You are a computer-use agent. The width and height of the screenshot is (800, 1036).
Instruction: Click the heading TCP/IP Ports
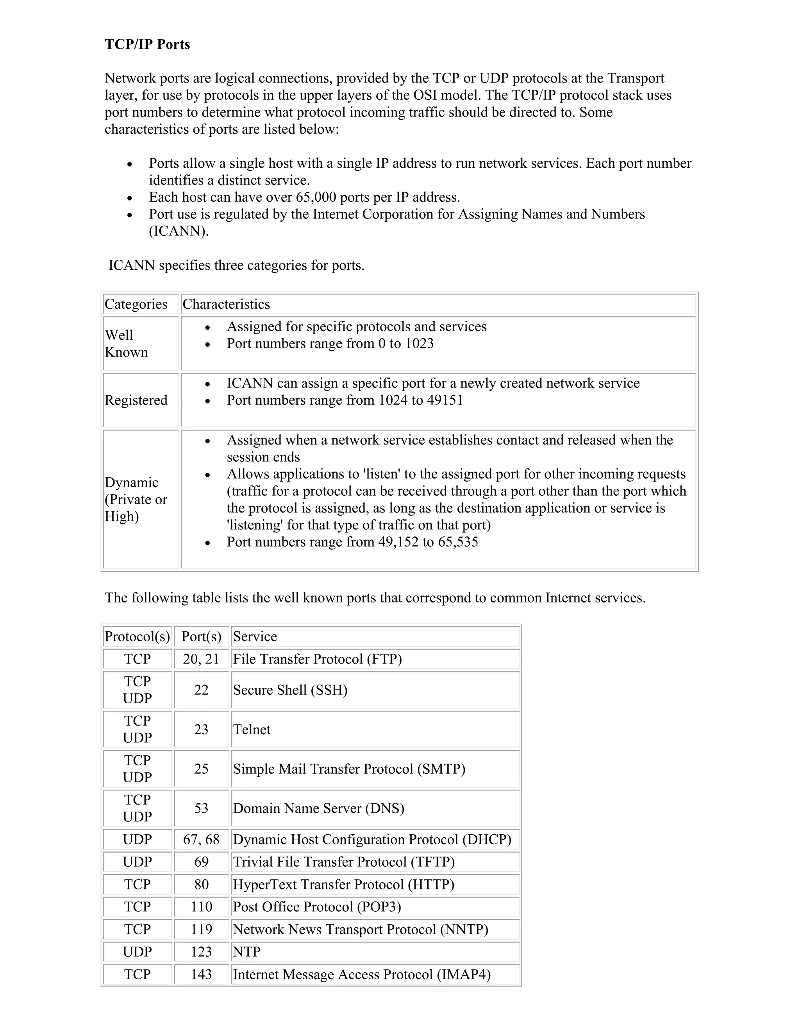(147, 44)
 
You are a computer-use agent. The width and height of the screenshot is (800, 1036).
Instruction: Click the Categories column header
(136, 304)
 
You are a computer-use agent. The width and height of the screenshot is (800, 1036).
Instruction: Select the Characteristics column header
(226, 304)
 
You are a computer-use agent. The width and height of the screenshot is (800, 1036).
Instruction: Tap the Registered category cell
(136, 400)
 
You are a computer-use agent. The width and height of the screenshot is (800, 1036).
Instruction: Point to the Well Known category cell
(126, 343)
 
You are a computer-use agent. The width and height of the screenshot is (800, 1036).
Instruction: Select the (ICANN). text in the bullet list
(179, 231)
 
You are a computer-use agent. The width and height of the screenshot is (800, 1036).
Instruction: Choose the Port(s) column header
(202, 636)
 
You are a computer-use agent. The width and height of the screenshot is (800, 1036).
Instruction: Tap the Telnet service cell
(252, 730)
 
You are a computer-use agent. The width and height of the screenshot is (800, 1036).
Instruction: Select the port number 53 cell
(202, 808)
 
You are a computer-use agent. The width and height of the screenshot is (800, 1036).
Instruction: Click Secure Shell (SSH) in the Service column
(290, 690)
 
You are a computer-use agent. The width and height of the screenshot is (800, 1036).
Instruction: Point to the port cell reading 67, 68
(202, 840)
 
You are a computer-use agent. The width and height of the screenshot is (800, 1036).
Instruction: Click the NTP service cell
(247, 952)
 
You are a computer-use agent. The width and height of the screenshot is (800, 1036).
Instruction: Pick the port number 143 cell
(202, 974)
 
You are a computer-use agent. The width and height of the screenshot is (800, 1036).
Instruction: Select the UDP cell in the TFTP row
(137, 862)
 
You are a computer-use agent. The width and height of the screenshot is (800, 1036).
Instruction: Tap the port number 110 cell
(202, 907)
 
